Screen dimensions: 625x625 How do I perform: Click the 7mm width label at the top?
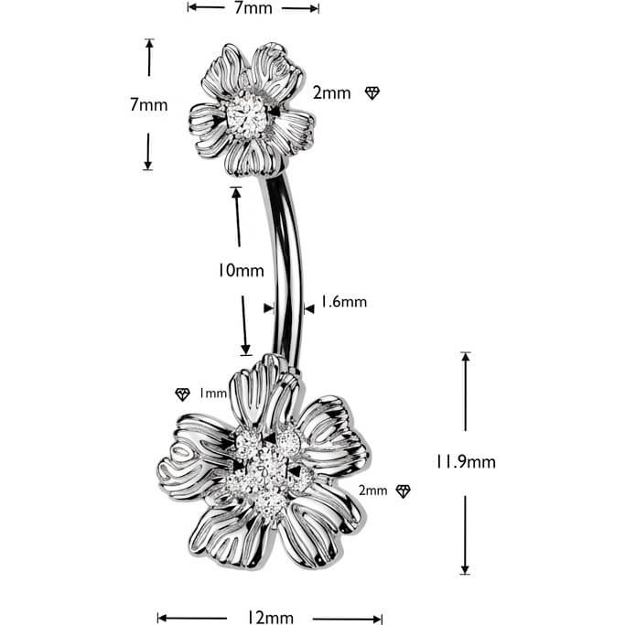[x=253, y=8]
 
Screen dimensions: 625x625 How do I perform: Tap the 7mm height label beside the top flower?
[x=148, y=105]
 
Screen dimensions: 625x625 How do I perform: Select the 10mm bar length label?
[x=241, y=271]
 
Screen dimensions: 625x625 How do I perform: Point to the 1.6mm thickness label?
[x=343, y=302]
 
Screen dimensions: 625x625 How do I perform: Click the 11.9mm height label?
[x=465, y=462]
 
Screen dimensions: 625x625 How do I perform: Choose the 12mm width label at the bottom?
[x=270, y=617]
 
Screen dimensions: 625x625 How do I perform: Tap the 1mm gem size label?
[x=213, y=393]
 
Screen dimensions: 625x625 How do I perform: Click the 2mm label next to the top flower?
[x=331, y=93]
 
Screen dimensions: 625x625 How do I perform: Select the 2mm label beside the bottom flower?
[x=372, y=490]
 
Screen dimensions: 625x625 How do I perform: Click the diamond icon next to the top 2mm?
[x=372, y=93]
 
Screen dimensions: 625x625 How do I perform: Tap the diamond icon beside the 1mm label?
[x=182, y=394]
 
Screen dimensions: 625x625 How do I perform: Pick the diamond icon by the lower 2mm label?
[x=403, y=491]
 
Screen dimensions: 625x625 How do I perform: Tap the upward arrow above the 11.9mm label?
[x=466, y=392]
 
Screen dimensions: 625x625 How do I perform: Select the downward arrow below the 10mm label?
[x=244, y=325]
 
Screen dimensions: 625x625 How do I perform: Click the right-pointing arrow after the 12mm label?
[x=347, y=619]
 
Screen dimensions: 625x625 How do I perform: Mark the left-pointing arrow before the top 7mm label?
[x=206, y=7]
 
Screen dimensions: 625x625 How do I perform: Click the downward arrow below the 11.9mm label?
[x=465, y=535]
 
